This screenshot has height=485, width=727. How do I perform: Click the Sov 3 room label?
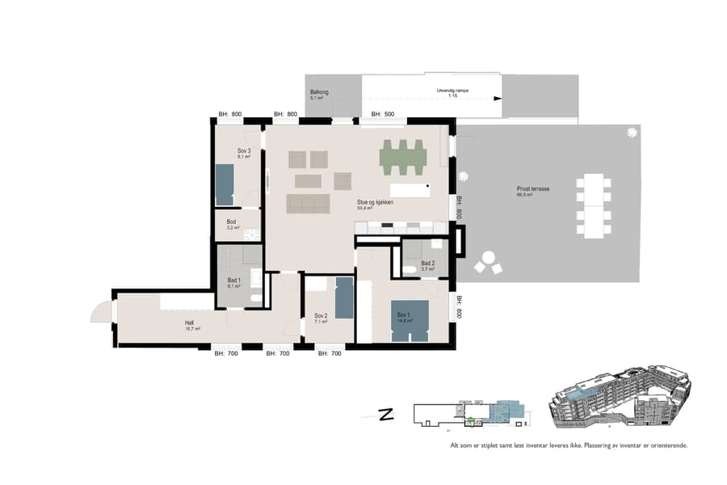tap(244, 151)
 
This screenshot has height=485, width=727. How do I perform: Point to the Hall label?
tap(191, 326)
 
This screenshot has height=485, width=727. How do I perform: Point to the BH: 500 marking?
tap(382, 115)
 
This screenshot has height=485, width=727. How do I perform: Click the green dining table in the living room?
tap(403, 157)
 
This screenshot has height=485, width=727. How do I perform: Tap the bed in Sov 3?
tap(224, 184)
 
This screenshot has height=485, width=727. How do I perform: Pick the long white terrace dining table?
tap(595, 205)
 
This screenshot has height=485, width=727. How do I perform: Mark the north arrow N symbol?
tap(386, 415)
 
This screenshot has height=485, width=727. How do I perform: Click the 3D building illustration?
tap(619, 399)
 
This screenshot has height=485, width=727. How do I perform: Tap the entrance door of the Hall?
tap(102, 310)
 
